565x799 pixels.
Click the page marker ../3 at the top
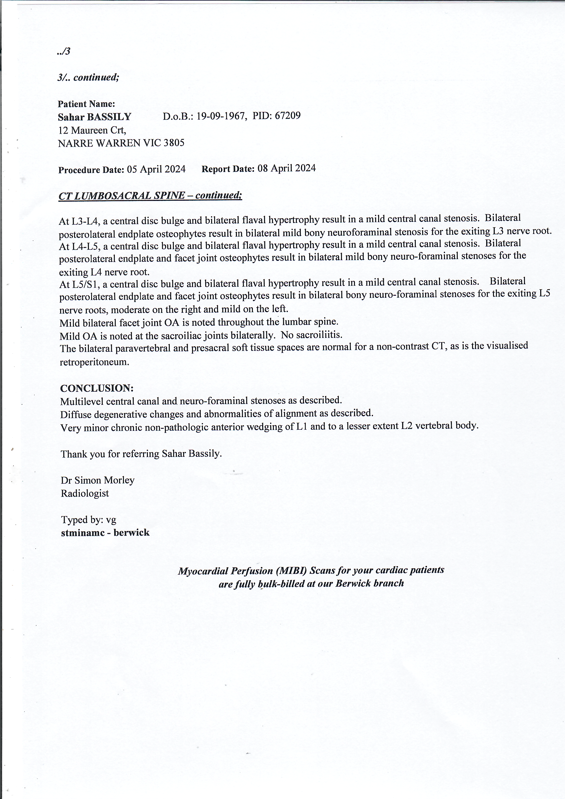click(64, 51)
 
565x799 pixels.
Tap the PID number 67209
click(287, 116)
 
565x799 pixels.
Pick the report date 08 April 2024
click(286, 168)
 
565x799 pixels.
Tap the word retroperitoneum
click(94, 362)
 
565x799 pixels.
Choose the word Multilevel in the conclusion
click(82, 402)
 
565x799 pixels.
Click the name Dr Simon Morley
click(98, 480)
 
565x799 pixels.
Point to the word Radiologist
click(85, 493)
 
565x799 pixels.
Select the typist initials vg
click(111, 520)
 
